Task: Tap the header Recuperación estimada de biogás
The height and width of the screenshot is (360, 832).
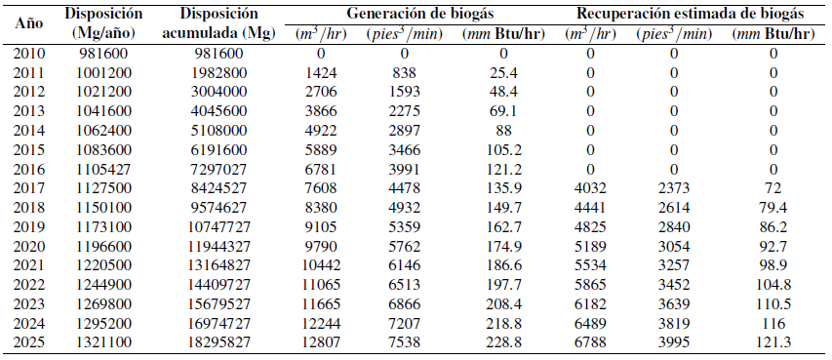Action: pos(690,15)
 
